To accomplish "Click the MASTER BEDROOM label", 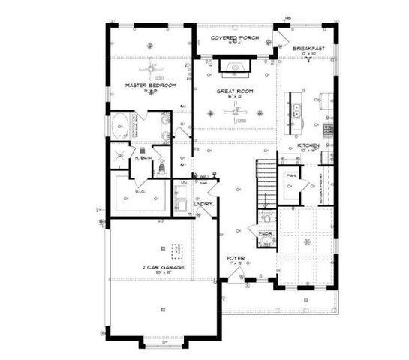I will [151, 86].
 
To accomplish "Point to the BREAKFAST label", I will [309, 49].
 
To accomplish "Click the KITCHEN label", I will [309, 145].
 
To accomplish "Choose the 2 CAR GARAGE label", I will [164, 267].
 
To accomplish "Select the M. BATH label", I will [143, 158].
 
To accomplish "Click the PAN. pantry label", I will [290, 176].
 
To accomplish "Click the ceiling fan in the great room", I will [239, 112].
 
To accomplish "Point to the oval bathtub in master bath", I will [119, 124].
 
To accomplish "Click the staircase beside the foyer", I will [266, 183].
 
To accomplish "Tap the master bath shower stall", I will [119, 154].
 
